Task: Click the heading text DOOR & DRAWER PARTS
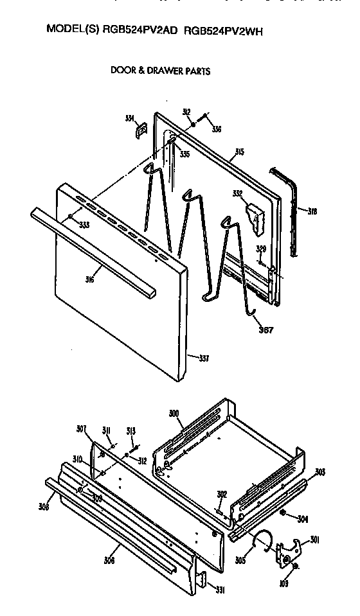pyautogui.click(x=161, y=71)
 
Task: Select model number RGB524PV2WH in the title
pyautogui.click(x=224, y=30)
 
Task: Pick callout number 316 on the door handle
pyautogui.click(x=89, y=279)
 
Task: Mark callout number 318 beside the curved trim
pyautogui.click(x=312, y=211)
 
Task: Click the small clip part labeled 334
pyautogui.click(x=139, y=130)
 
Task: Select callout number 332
pyautogui.click(x=237, y=193)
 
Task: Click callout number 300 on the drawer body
pyautogui.click(x=174, y=414)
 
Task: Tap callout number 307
pyautogui.click(x=82, y=429)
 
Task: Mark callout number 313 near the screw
pyautogui.click(x=131, y=431)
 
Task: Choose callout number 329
pyautogui.click(x=261, y=248)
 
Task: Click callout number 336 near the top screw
pyautogui.click(x=217, y=129)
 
